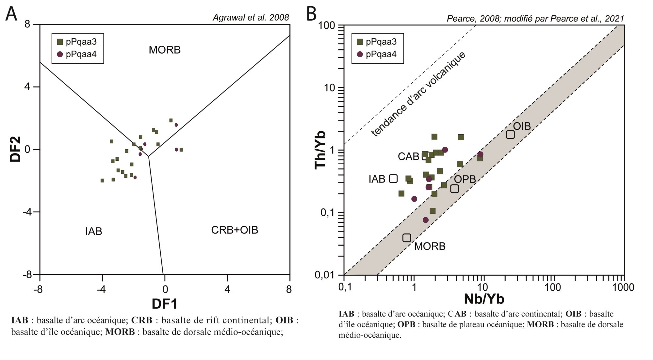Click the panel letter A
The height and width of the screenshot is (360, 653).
tap(11, 14)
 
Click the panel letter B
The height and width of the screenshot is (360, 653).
tap(312, 14)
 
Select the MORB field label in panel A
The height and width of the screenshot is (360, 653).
tap(165, 50)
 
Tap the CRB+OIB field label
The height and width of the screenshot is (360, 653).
tap(235, 230)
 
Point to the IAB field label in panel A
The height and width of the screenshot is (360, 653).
tap(94, 231)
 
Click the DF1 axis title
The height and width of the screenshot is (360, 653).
tap(165, 304)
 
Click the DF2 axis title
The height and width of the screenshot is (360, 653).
tap(15, 149)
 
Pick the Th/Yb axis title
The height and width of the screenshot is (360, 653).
tap(320, 150)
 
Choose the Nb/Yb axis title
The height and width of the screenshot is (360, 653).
tap(484, 299)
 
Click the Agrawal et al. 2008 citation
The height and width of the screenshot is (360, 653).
tap(251, 18)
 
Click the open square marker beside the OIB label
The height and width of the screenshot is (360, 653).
tap(510, 134)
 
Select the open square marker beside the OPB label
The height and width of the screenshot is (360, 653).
tap(454, 188)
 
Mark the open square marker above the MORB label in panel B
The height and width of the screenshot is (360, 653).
tap(406, 238)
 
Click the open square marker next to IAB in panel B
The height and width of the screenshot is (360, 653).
tap(393, 178)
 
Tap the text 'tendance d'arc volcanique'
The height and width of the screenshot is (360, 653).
tap(418, 94)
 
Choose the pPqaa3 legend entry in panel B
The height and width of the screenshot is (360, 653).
tap(377, 42)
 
